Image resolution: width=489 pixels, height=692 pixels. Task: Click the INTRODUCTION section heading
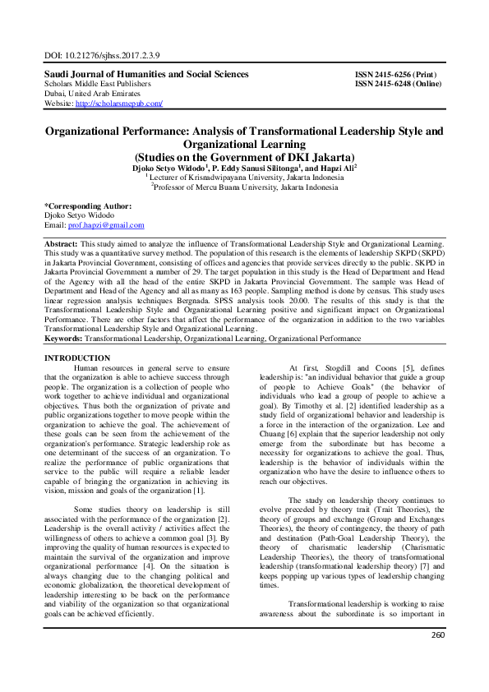click(x=76, y=358)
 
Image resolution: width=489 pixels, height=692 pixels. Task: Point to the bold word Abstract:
click(x=61, y=245)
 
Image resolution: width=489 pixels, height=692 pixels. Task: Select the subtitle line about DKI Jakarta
click(x=244, y=156)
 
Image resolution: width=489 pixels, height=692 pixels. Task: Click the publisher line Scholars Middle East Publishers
click(x=97, y=84)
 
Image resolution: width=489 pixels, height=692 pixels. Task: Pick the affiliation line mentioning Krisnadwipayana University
click(x=244, y=177)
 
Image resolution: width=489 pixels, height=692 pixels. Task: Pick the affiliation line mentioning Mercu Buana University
click(x=244, y=187)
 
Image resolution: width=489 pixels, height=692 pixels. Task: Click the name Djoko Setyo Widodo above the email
click(x=80, y=215)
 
